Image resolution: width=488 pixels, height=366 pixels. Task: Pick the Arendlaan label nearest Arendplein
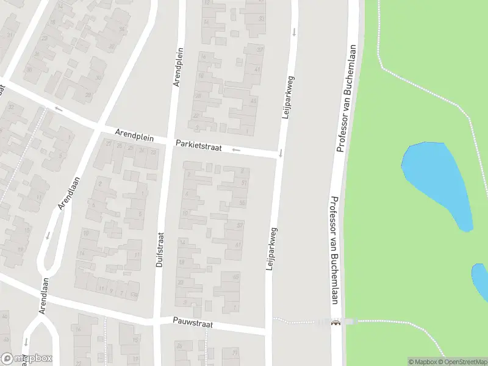pyautogui.click(x=69, y=193)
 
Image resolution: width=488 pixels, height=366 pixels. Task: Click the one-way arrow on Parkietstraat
pyautogui.click(x=236, y=149)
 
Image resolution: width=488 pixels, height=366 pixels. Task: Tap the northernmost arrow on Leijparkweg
pyautogui.click(x=294, y=31)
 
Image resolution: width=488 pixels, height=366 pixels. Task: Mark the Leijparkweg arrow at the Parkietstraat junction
pyautogui.click(x=281, y=153)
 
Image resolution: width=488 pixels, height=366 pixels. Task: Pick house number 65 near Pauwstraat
pyautogui.click(x=236, y=277)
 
